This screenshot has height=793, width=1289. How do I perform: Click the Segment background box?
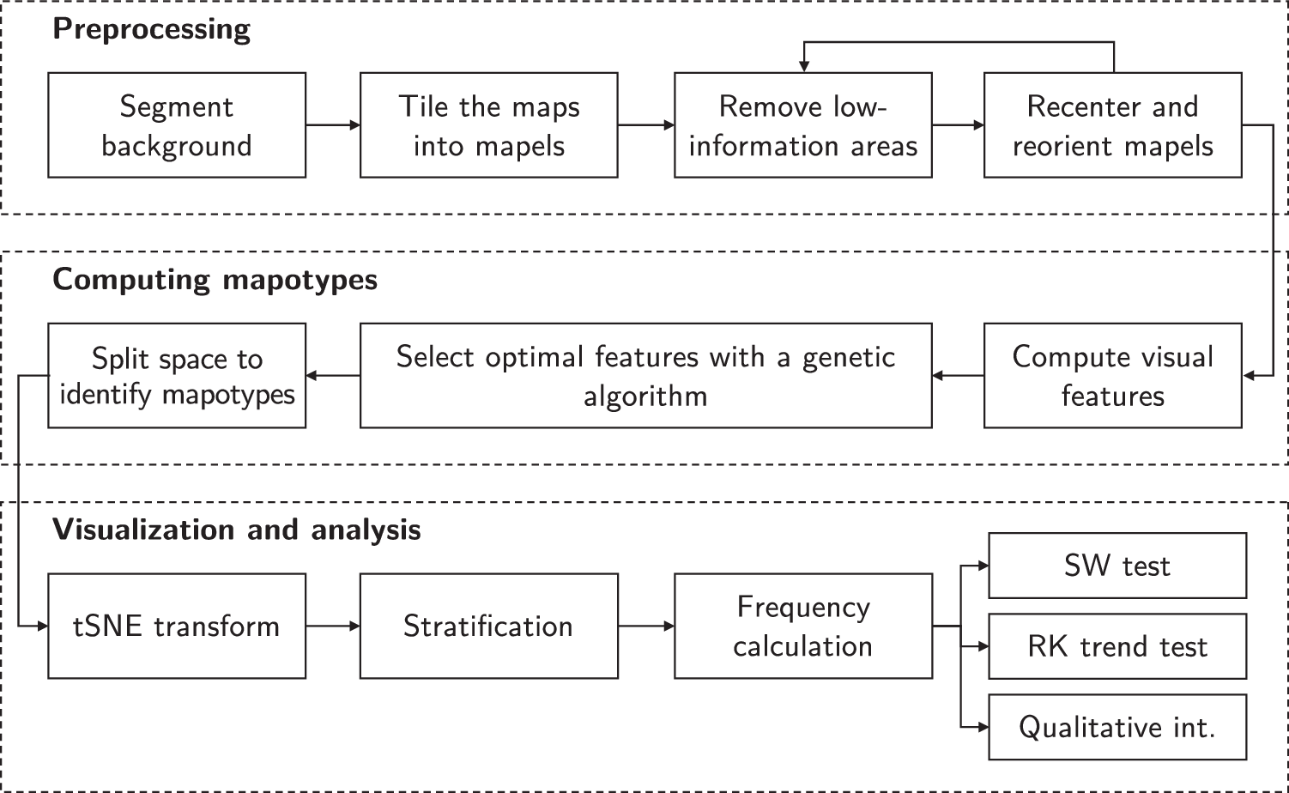tap(177, 125)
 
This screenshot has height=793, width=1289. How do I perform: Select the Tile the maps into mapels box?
tap(488, 125)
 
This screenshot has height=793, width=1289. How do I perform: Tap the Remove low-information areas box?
tap(802, 125)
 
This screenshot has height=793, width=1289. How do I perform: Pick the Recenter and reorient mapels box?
tap(1112, 125)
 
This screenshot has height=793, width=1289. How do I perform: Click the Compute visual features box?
tap(1112, 376)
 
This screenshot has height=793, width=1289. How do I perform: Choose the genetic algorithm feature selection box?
tap(645, 376)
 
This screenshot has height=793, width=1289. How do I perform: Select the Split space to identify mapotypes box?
tap(177, 376)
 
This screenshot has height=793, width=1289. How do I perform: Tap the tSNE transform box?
tap(177, 627)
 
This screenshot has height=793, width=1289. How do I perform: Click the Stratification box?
tap(488, 627)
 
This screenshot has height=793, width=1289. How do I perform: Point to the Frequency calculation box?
tap(802, 627)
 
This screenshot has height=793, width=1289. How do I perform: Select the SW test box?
tap(1117, 566)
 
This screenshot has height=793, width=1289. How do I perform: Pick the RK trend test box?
tap(1117, 646)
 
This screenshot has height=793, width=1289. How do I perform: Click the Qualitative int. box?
tap(1117, 727)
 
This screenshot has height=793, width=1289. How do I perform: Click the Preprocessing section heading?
tap(152, 29)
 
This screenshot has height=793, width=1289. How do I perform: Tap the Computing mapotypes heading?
tap(215, 280)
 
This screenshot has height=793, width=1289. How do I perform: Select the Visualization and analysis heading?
tap(237, 530)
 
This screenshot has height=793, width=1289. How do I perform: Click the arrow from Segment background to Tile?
tap(333, 125)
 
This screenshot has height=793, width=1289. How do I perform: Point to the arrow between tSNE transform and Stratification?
tap(333, 627)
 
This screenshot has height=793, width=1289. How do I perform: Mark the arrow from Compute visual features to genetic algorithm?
tap(958, 376)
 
